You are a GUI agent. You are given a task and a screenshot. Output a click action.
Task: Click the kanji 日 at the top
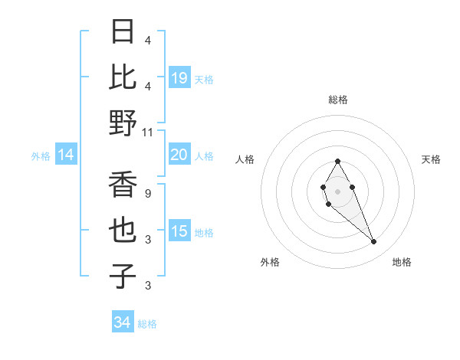tap(123, 32)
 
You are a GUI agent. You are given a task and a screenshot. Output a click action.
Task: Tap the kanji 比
tap(123, 77)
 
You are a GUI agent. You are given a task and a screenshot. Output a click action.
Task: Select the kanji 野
tap(123, 123)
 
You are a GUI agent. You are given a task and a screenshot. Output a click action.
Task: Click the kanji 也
tap(123, 231)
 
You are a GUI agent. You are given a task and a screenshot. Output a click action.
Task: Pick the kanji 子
tap(123, 277)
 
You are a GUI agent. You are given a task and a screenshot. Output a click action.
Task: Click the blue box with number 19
tap(179, 77)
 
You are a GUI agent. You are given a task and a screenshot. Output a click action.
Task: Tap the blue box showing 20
tap(179, 155)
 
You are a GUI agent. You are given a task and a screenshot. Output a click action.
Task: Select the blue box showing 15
tap(179, 231)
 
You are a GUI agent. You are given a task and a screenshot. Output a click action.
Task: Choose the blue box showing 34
tap(122, 322)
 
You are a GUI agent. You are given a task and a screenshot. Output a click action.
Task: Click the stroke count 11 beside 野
tap(148, 132)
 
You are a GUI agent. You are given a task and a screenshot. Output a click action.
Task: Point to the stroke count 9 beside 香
tap(148, 193)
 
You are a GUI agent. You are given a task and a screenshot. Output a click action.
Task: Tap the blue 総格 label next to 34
tap(148, 324)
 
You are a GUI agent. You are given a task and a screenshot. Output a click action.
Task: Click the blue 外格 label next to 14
tap(41, 156)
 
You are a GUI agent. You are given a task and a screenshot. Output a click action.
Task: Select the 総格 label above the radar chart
tap(338, 100)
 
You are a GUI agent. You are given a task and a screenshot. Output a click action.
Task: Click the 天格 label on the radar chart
tap(432, 159)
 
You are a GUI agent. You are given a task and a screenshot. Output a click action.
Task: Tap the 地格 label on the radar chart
tap(402, 262)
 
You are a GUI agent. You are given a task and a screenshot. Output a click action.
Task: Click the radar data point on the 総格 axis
tap(337, 162)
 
